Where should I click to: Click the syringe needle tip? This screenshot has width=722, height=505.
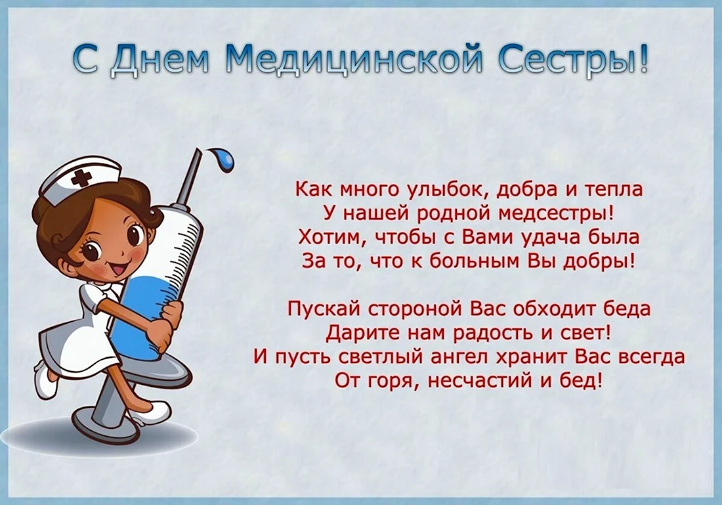pos(198,150)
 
